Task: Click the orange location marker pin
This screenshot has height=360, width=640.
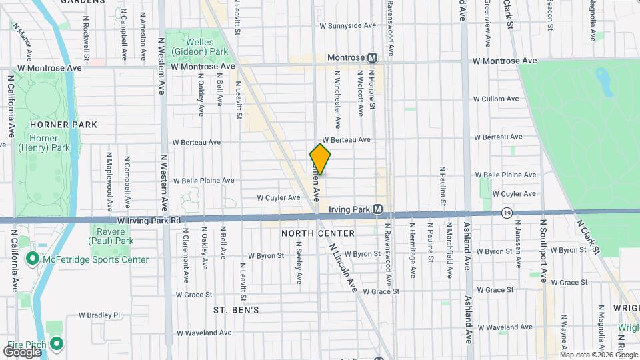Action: [x=320, y=159]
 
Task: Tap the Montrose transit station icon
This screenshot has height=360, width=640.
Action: [x=373, y=58]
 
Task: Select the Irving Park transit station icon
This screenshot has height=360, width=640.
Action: [x=377, y=209]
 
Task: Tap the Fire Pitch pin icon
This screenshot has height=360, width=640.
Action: [x=57, y=344]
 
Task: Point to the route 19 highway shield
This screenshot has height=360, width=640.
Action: [x=508, y=213]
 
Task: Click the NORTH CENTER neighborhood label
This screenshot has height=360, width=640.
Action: [x=318, y=233]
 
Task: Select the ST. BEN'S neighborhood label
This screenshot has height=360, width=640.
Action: [x=236, y=310]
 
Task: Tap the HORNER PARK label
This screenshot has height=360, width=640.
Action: [x=63, y=125]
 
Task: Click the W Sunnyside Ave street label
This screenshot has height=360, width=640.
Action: [x=349, y=25]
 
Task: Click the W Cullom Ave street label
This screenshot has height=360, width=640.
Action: [x=495, y=99]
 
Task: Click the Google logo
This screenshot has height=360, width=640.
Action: [x=22, y=351]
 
